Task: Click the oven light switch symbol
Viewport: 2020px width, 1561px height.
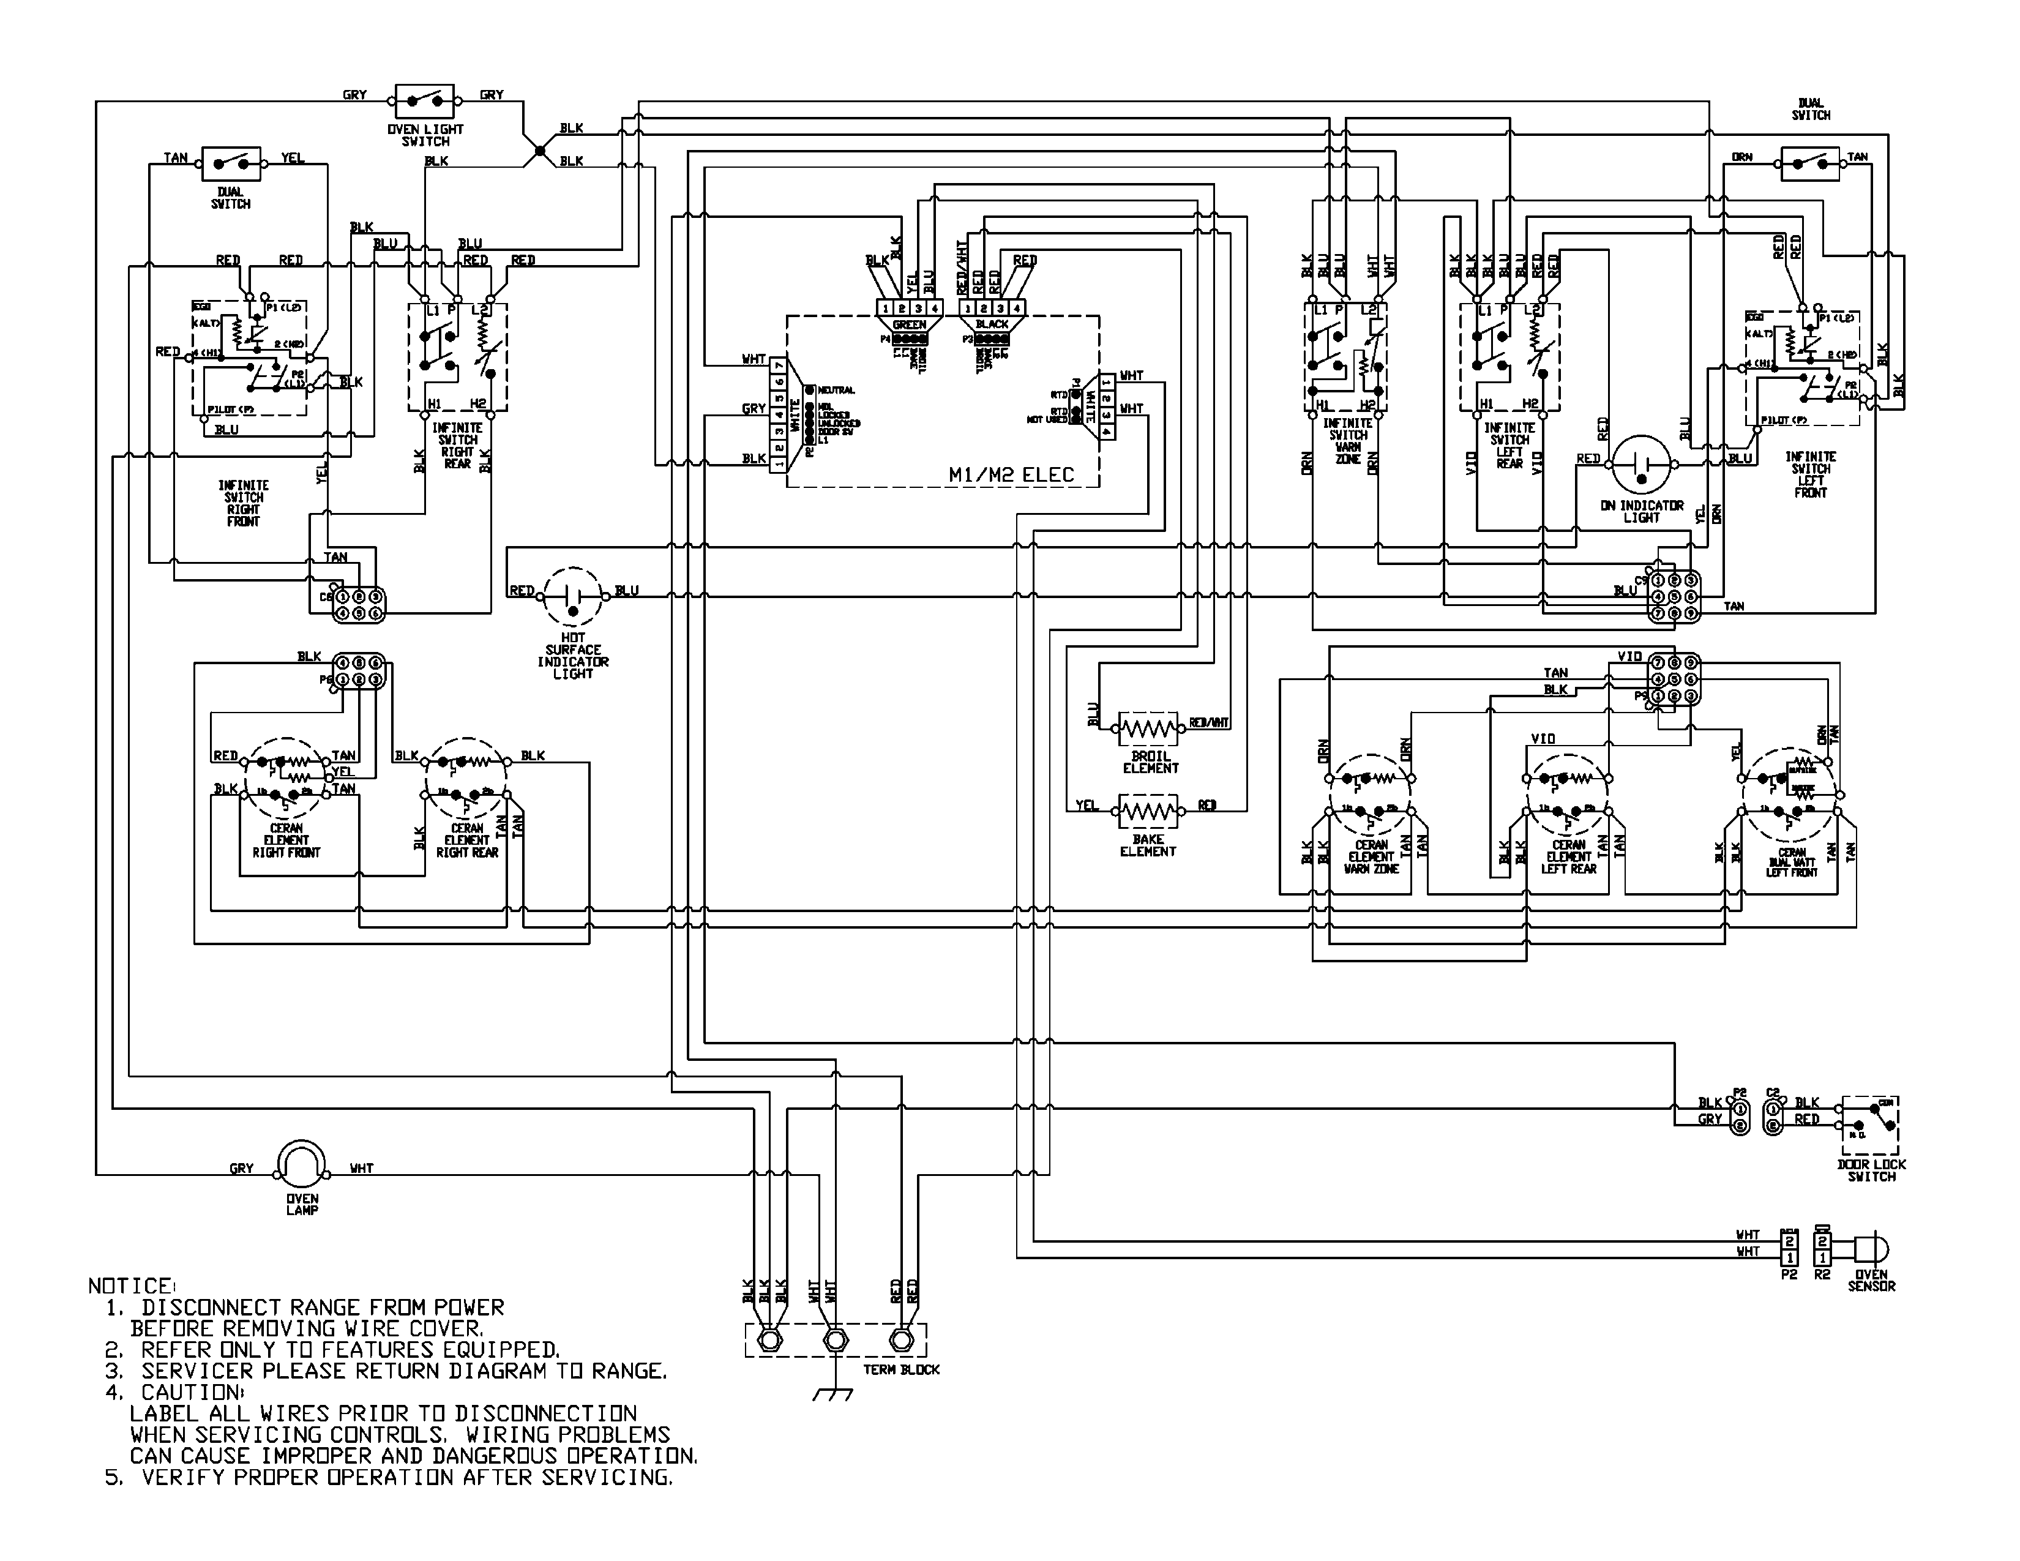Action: [425, 99]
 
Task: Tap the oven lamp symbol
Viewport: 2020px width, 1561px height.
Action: [302, 1164]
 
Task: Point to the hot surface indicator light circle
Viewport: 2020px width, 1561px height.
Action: [572, 597]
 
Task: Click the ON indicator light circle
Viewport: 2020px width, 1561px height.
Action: [1642, 465]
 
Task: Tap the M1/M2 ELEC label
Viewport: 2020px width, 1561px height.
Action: [1011, 475]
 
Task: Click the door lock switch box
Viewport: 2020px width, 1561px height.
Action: [1870, 1126]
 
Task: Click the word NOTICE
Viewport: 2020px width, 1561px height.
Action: [130, 1286]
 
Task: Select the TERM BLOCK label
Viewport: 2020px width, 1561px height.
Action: [901, 1369]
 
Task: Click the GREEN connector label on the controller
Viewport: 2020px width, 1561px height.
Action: [909, 324]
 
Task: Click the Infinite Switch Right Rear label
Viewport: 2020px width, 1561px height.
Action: [457, 446]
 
